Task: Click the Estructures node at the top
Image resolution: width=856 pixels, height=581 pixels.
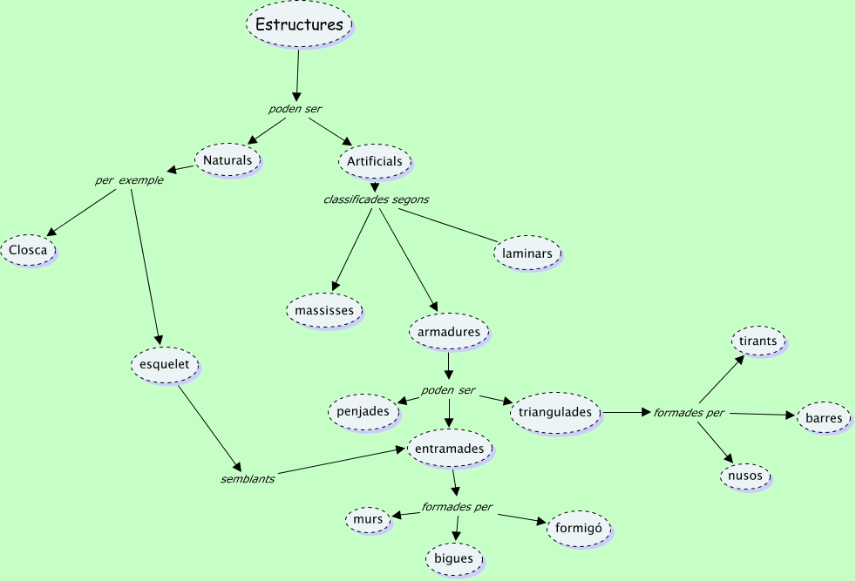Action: point(299,25)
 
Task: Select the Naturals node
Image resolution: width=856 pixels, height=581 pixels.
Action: point(227,160)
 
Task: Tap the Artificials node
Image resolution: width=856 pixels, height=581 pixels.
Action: point(375,161)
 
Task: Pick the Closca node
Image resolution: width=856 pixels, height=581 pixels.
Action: point(28,251)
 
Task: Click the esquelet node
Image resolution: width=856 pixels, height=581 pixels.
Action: point(165,364)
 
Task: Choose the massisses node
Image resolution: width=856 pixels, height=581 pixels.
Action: point(324,310)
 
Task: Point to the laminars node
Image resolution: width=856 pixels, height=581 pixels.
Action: point(527,253)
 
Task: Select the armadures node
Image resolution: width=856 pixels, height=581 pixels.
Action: point(449,332)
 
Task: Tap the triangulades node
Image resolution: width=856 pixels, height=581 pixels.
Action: point(555,412)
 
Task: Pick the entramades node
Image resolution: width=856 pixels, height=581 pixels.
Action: point(451,448)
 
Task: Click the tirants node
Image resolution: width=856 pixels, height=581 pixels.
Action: point(757,341)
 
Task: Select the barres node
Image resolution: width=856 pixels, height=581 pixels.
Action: point(824,418)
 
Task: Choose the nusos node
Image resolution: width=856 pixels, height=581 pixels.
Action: point(745,476)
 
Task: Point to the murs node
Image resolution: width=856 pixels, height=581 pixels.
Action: point(369,520)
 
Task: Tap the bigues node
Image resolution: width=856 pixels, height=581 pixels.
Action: point(453,558)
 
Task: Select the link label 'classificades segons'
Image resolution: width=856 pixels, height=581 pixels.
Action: point(376,199)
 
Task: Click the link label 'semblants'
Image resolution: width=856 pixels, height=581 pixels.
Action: point(248,479)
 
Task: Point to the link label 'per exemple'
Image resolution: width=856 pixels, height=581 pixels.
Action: point(129,181)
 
